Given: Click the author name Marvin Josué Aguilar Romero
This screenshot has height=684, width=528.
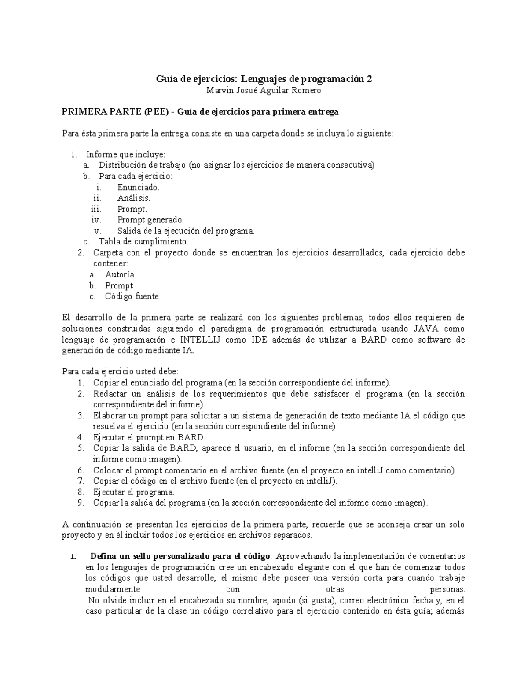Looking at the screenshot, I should click(x=264, y=91).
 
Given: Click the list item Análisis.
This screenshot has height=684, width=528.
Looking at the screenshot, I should click(x=134, y=198).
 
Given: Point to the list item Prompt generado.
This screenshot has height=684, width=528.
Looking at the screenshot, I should click(x=150, y=220).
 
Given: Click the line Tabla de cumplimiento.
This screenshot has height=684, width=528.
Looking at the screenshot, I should click(x=143, y=242).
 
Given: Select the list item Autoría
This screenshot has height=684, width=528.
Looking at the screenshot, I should click(x=120, y=274).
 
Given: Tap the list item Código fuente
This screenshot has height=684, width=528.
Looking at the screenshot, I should click(x=132, y=296).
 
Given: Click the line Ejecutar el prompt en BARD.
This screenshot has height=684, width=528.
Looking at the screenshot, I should click(x=149, y=437).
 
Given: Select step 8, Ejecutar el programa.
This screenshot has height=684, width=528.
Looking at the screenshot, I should click(x=134, y=492).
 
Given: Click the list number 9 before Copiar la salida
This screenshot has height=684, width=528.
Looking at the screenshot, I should click(x=80, y=503).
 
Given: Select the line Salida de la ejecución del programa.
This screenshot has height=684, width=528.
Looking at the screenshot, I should click(x=186, y=231).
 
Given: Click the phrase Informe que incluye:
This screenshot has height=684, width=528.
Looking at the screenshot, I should click(x=126, y=155).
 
